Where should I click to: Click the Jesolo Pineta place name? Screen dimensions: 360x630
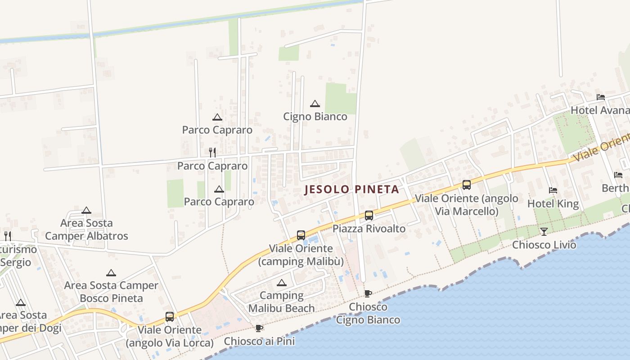point(352,189)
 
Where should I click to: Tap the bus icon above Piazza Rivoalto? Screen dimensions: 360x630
point(369,216)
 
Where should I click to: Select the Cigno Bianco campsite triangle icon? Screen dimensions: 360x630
point(315,104)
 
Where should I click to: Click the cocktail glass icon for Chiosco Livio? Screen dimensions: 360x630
point(544,232)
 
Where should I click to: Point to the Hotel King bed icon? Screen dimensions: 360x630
point(553,190)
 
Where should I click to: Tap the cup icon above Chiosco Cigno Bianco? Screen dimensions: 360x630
point(368,294)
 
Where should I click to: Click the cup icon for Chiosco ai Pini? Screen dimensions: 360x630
point(259,328)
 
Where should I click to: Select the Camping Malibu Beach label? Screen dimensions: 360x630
point(282,302)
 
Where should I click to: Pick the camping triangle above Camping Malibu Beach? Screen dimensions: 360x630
point(282,283)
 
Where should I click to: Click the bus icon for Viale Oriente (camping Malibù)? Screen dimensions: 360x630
point(301,235)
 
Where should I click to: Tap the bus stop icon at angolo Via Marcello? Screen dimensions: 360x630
point(467,185)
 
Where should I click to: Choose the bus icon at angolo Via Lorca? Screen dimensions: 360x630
point(170,317)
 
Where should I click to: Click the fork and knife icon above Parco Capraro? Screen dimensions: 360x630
point(212,153)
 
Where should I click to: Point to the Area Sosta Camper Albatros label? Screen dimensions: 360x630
point(86,229)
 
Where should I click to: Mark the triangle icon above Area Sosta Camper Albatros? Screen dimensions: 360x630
point(86,210)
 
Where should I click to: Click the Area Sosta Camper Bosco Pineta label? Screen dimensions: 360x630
point(111,292)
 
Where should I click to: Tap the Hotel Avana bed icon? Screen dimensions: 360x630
point(600,97)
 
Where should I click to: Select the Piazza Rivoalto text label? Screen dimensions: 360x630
point(369,229)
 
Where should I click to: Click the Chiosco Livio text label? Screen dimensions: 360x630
point(544,245)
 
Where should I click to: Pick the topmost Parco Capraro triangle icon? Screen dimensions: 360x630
point(217,117)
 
